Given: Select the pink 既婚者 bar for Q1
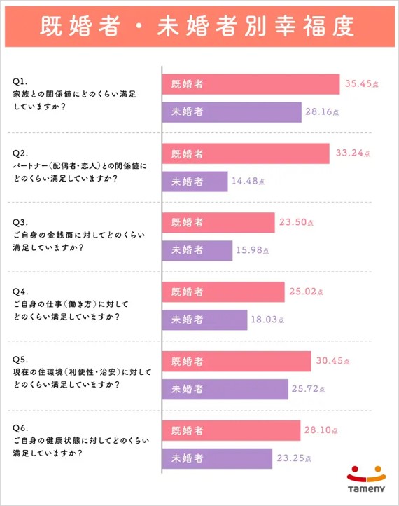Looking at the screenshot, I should point(251,84).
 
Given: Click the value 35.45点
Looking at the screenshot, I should point(362,84).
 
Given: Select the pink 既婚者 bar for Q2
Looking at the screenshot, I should point(246,153).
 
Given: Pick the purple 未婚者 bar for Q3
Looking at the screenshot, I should point(197,250).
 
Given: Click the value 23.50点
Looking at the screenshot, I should point(297,223).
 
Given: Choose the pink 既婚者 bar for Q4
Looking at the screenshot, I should point(223,292).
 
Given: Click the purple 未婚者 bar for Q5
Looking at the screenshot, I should point(225,389).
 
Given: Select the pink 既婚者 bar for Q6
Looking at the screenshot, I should point(232,430).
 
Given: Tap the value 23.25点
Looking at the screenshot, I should point(294,458).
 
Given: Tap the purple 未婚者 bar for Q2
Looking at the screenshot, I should point(195,182).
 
